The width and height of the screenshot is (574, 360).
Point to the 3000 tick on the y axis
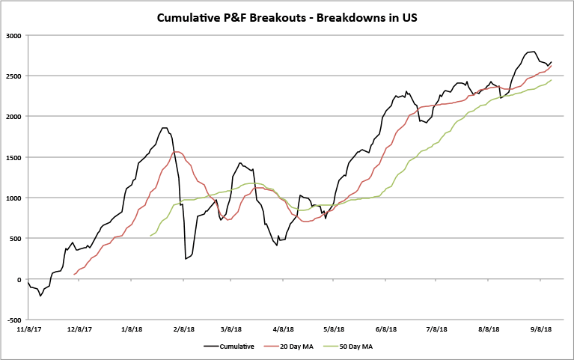pyautogui.click(x=13, y=35)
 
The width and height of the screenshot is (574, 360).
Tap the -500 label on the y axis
pyautogui.click(x=13, y=320)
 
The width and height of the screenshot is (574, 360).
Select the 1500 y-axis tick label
pyautogui.click(x=13, y=157)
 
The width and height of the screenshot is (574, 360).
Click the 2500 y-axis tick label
pyautogui.click(x=13, y=76)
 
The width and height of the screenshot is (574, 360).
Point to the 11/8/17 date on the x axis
pyautogui.click(x=28, y=329)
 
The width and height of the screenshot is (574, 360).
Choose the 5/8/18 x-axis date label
pyautogui.click(x=334, y=329)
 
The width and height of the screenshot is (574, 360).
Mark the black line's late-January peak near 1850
pyautogui.click(x=164, y=128)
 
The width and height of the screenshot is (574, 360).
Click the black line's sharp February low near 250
pyautogui.click(x=186, y=259)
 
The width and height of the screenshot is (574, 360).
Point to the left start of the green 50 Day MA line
pyautogui.click(x=150, y=236)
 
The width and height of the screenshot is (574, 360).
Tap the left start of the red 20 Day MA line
pyautogui.click(x=73, y=275)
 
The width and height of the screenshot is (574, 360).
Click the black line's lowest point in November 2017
pyautogui.click(x=40, y=296)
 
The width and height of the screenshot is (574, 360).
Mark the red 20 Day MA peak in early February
pyautogui.click(x=177, y=152)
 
